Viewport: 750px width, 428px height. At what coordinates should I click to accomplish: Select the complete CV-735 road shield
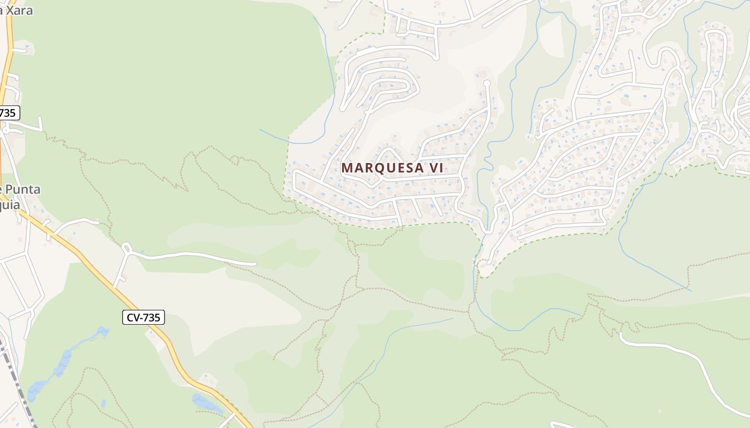(x=143, y=317)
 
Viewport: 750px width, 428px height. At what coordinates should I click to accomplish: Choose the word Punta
(x=21, y=189)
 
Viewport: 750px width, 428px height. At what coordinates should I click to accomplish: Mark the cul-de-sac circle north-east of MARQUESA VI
(x=487, y=83)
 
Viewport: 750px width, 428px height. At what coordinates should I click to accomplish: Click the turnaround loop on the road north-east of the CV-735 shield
(x=126, y=247)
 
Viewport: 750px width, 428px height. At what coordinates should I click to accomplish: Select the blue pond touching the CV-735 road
(x=206, y=402)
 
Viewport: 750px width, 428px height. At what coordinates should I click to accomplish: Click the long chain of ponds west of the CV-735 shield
(x=62, y=364)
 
